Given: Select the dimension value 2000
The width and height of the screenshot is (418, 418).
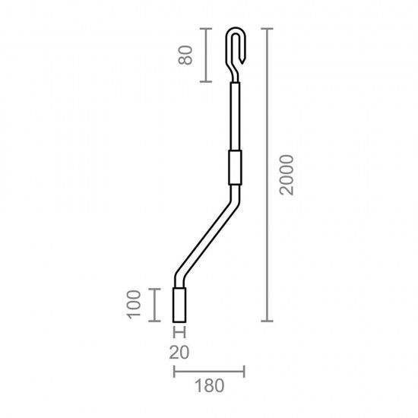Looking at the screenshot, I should [x=285, y=176].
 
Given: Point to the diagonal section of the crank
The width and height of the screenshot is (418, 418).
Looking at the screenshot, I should [x=205, y=236].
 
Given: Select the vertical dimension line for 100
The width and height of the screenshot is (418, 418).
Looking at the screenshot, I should [x=157, y=305].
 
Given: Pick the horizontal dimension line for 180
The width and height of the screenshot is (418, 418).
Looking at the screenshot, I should [x=209, y=372].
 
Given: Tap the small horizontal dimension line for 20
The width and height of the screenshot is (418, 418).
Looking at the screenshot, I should [x=180, y=331].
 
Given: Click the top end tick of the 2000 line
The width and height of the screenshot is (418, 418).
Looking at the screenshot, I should [x=265, y=29].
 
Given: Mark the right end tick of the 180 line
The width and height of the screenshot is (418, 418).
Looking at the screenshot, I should [x=243, y=372].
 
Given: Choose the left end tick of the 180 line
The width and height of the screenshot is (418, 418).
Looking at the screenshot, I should [x=175, y=372].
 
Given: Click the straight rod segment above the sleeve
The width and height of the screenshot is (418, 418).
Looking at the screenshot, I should [x=234, y=114].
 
